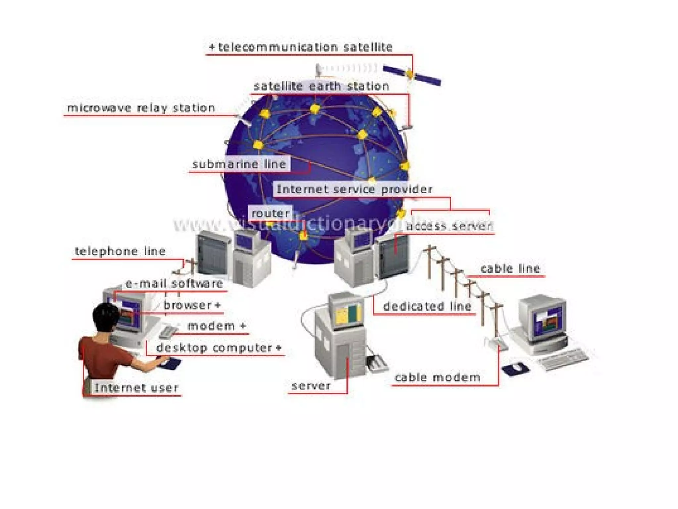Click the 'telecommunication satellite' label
[x=305, y=47]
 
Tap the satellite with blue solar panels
[x=411, y=75]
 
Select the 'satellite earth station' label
[x=321, y=86]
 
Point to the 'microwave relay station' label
[x=141, y=108]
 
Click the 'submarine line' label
[x=239, y=164]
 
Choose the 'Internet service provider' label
[x=354, y=189]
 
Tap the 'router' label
[x=270, y=213]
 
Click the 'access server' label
[x=449, y=226]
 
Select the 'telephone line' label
[x=120, y=251]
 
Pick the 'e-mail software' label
[x=174, y=284]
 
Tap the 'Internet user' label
[x=136, y=388]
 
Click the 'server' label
[x=311, y=385]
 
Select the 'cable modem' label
[x=437, y=377]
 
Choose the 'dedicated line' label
[x=427, y=306]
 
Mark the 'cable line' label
[x=510, y=268]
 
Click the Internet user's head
[x=105, y=317]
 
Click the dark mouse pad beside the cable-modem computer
[x=515, y=369]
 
